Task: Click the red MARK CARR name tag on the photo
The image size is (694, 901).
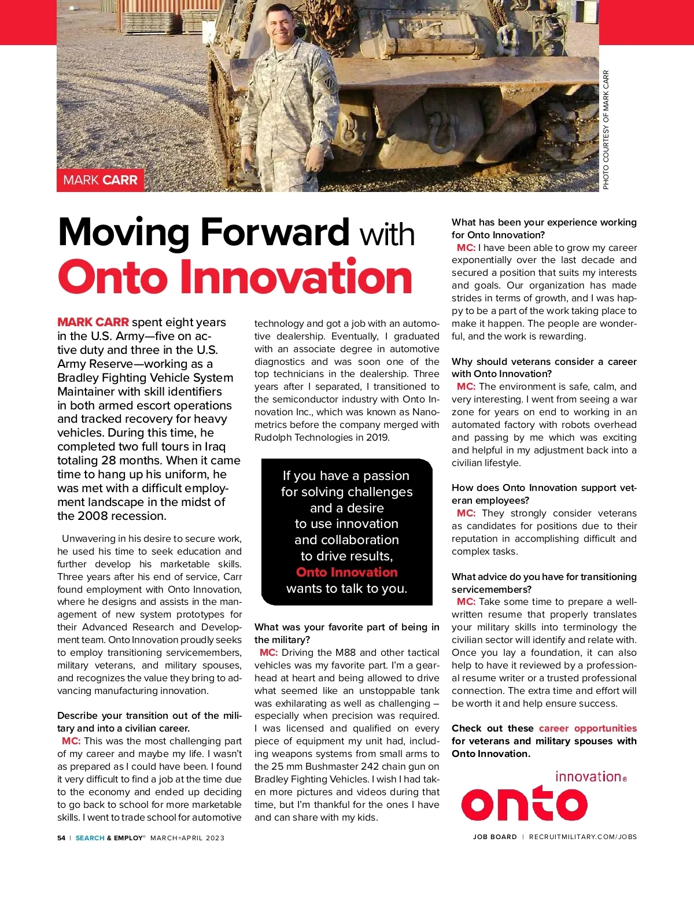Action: pyautogui.click(x=100, y=180)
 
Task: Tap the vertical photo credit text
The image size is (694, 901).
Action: pyautogui.click(x=606, y=130)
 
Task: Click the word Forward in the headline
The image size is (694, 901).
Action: pyautogui.click(x=275, y=232)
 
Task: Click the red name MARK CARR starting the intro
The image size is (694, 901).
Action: pyautogui.click(x=93, y=322)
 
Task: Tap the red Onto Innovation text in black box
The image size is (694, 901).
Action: pyautogui.click(x=346, y=572)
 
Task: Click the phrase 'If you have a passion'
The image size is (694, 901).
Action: pyautogui.click(x=346, y=475)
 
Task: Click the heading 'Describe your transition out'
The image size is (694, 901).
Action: pyautogui.click(x=149, y=715)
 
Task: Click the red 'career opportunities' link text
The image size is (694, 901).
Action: pyautogui.click(x=588, y=728)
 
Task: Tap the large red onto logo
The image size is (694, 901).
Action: pyautogui.click(x=524, y=803)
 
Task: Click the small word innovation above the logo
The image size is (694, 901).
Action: pyautogui.click(x=588, y=777)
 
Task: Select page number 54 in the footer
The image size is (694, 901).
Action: pyautogui.click(x=61, y=838)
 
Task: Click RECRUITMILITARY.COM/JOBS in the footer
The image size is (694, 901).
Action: pyautogui.click(x=582, y=837)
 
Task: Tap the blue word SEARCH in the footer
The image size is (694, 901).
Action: pyautogui.click(x=90, y=838)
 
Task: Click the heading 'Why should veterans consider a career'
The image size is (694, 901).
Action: pyautogui.click(x=544, y=361)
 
